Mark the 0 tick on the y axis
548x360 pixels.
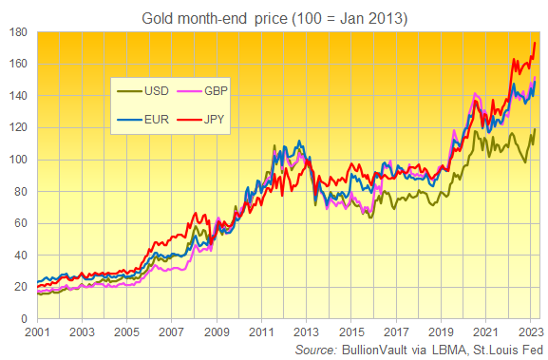[23, 319]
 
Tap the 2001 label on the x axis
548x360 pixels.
[38, 332]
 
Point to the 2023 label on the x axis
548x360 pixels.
[531, 332]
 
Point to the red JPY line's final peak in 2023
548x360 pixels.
[536, 43]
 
